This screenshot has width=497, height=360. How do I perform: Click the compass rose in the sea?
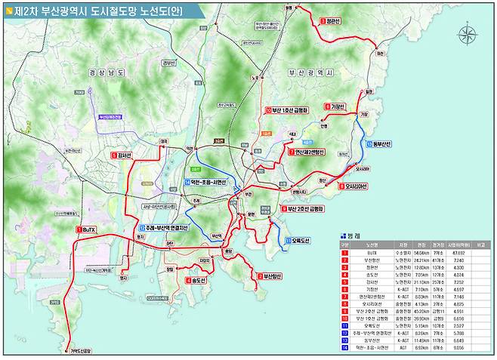click(468, 35)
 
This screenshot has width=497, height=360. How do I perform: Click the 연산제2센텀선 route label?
click(308, 152)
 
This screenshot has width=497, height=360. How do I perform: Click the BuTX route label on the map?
click(88, 229)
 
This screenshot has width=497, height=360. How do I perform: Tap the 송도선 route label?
click(199, 281)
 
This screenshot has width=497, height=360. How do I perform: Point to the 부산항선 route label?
click(269, 277)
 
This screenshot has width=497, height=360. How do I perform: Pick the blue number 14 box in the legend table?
click(344, 349)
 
